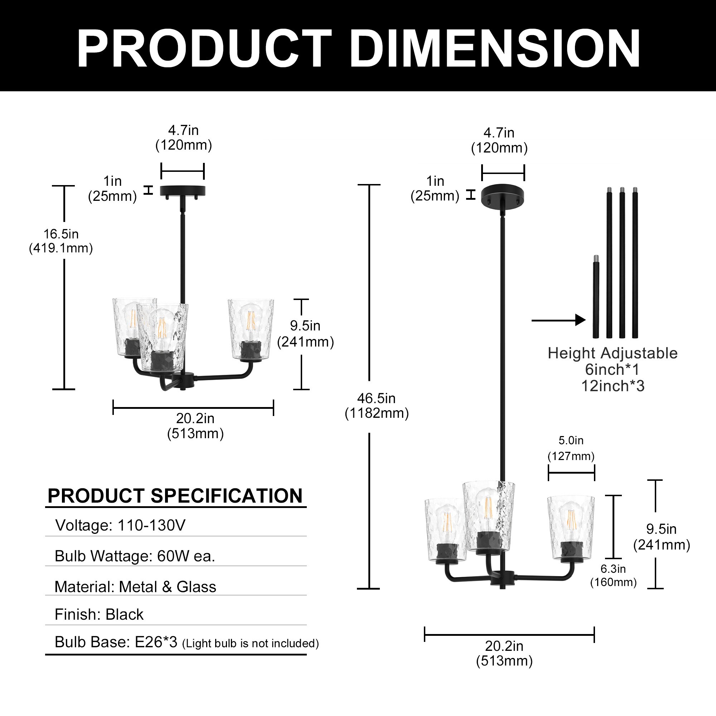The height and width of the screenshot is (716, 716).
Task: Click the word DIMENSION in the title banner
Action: pyautogui.click(x=495, y=48)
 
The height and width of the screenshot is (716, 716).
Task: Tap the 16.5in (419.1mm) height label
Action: pyautogui.click(x=61, y=241)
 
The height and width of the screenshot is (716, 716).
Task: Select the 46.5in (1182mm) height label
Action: pyautogui.click(x=377, y=406)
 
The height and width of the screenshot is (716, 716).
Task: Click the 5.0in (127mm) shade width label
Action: pyautogui.click(x=571, y=448)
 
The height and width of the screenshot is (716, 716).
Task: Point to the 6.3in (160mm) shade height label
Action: pyautogui.click(x=613, y=575)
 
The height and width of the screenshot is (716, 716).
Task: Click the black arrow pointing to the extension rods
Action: pyautogui.click(x=558, y=320)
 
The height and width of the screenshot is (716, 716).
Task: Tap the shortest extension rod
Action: pyautogui.click(x=596, y=296)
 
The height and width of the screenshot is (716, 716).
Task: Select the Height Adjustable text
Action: pyautogui.click(x=612, y=353)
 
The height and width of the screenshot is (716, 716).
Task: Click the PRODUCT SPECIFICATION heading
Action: pyautogui.click(x=175, y=496)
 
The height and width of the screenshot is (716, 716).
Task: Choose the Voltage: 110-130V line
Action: pyautogui.click(x=120, y=525)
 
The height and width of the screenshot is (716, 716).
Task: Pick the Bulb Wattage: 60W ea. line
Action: pyautogui.click(x=135, y=556)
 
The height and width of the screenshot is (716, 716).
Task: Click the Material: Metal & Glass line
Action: pyautogui.click(x=135, y=587)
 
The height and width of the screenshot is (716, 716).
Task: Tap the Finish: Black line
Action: pyautogui.click(x=99, y=614)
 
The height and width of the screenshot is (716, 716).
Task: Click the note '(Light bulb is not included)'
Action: pyautogui.click(x=251, y=643)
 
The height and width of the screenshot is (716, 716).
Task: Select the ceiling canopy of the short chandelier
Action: pyautogui.click(x=182, y=190)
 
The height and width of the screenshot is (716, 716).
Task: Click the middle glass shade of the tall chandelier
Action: pyautogui.click(x=488, y=515)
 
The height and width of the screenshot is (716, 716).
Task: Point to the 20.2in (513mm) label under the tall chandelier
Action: pyautogui.click(x=504, y=653)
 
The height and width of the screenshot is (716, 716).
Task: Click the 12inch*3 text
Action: pyautogui.click(x=613, y=386)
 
